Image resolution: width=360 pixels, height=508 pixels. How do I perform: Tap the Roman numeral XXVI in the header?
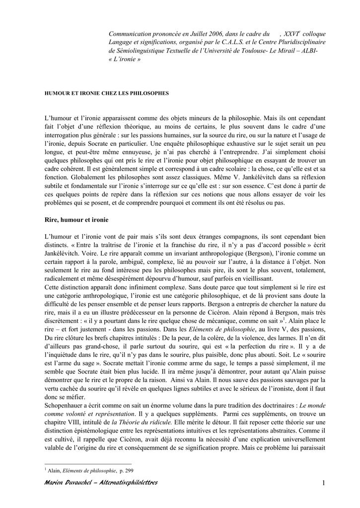pyautogui.click(x=293, y=33)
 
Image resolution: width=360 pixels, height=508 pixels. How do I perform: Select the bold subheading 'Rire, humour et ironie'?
pyautogui.click(x=76, y=219)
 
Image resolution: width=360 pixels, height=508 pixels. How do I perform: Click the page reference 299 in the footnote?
pyautogui.click(x=129, y=470)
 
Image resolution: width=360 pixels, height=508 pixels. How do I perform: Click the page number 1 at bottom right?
pyautogui.click(x=323, y=483)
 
